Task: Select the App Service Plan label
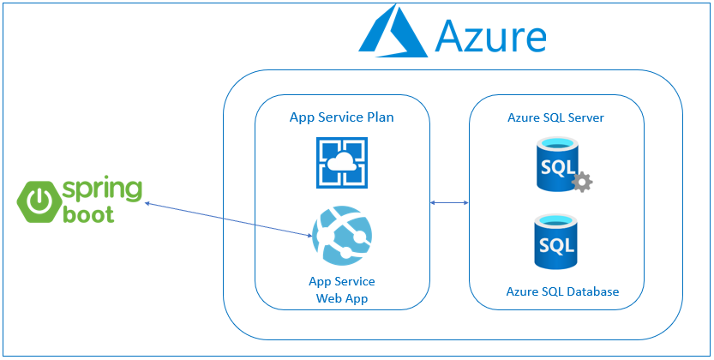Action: [x=341, y=117]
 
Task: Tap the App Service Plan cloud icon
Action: [x=342, y=164]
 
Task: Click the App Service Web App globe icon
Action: [x=341, y=236]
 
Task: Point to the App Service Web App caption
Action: [x=341, y=290]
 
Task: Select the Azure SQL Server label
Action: [x=555, y=117]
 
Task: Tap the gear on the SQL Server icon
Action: [x=583, y=182]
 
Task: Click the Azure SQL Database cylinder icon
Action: [x=556, y=243]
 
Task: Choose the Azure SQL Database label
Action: [x=562, y=291]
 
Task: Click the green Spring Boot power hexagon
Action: [x=38, y=201]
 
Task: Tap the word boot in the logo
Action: [x=88, y=215]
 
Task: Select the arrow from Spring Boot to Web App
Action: [x=228, y=219]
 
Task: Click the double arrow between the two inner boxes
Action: [x=448, y=202]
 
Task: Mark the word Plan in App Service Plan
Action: [x=380, y=117]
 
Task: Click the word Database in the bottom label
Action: [x=591, y=291]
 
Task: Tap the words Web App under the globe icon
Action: [x=341, y=298]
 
